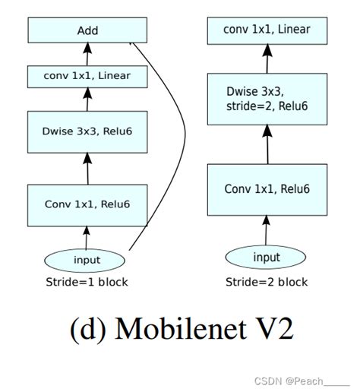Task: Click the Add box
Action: (x=87, y=30)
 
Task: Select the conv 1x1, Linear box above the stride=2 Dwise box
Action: (x=267, y=31)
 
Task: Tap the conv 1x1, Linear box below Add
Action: (x=87, y=77)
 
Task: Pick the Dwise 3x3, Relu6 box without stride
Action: (x=87, y=132)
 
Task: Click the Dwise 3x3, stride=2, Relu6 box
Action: (x=267, y=99)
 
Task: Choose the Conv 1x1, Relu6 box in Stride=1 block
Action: (x=87, y=205)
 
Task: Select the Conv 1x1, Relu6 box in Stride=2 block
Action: (x=267, y=190)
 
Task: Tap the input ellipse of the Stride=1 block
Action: (x=84, y=261)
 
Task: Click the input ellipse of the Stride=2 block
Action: (x=266, y=257)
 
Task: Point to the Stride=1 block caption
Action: (x=87, y=282)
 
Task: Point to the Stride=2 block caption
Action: (x=267, y=282)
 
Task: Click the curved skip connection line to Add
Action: (x=185, y=134)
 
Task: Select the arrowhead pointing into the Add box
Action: (x=87, y=48)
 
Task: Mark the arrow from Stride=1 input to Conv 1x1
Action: (x=87, y=238)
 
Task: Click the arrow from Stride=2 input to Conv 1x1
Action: (x=266, y=230)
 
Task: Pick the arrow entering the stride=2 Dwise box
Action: (x=267, y=144)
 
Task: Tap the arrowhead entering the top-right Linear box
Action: (x=267, y=50)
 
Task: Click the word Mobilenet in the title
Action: (x=180, y=329)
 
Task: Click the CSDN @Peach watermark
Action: (x=302, y=381)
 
